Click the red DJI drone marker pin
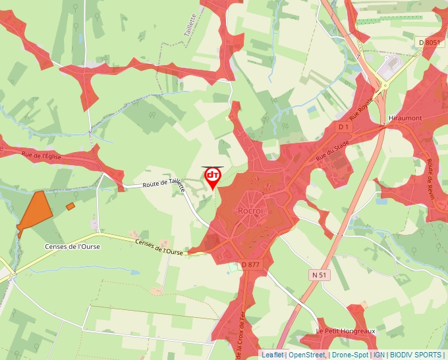pos(212,177)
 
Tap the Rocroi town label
pos(250,211)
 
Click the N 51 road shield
pos(319,274)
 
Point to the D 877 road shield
pos(251,265)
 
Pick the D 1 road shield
pos(343,126)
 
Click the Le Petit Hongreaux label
pos(345,330)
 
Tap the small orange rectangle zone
pos(70,207)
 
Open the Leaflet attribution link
pos(273,355)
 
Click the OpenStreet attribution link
pos(306,355)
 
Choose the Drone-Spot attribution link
pos(350,355)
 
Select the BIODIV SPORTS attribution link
pos(416,355)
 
